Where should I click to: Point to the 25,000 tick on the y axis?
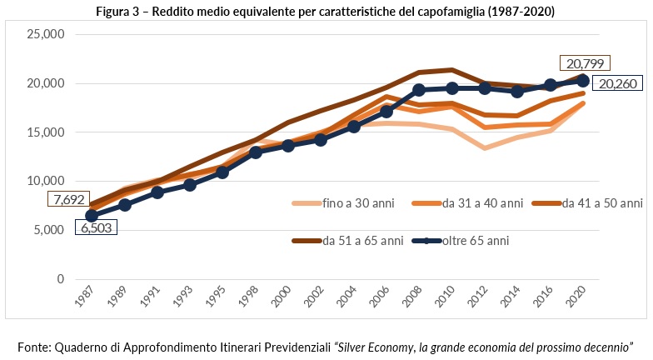point(47,35)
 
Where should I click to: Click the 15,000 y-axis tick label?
point(47,132)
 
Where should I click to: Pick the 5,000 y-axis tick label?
point(50,230)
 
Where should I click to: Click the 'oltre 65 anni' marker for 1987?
point(92,215)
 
